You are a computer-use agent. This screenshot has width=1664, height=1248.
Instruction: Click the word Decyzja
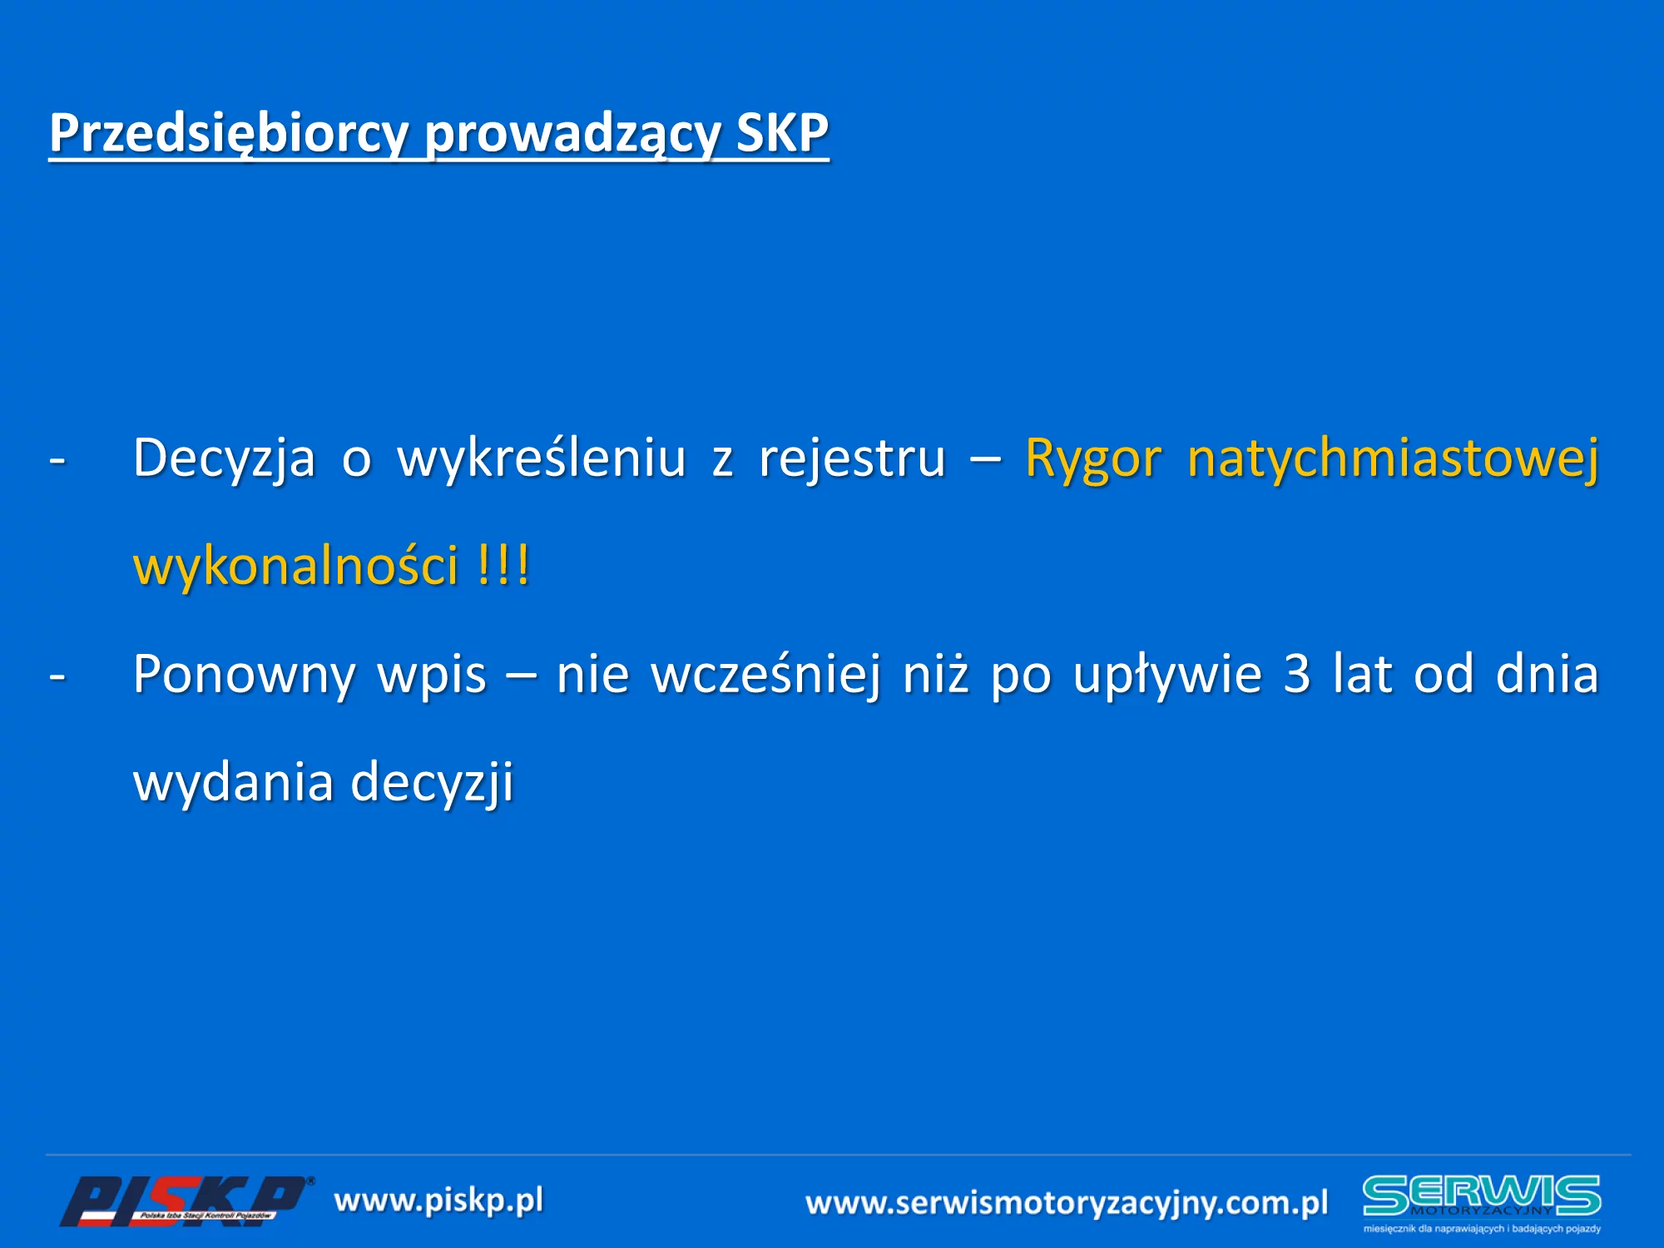(225, 459)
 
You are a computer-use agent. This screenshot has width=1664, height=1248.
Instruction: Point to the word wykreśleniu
(542, 459)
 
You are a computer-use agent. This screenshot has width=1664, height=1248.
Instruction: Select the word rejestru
(853, 459)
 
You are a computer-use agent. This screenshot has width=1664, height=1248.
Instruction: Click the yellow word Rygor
(1093, 459)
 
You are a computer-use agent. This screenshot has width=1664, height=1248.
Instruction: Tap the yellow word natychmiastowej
(1394, 459)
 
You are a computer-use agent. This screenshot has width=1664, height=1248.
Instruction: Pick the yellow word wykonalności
(296, 567)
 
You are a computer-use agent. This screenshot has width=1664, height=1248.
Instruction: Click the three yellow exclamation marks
(504, 565)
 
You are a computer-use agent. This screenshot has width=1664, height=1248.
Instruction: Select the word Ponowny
(244, 676)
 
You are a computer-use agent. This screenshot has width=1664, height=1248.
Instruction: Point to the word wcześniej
(766, 676)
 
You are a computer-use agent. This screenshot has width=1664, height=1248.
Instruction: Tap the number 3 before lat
(1297, 674)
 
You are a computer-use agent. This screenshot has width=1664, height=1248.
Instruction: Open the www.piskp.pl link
(438, 1201)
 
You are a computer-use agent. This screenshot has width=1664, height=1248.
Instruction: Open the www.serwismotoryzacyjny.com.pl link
(1067, 1204)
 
